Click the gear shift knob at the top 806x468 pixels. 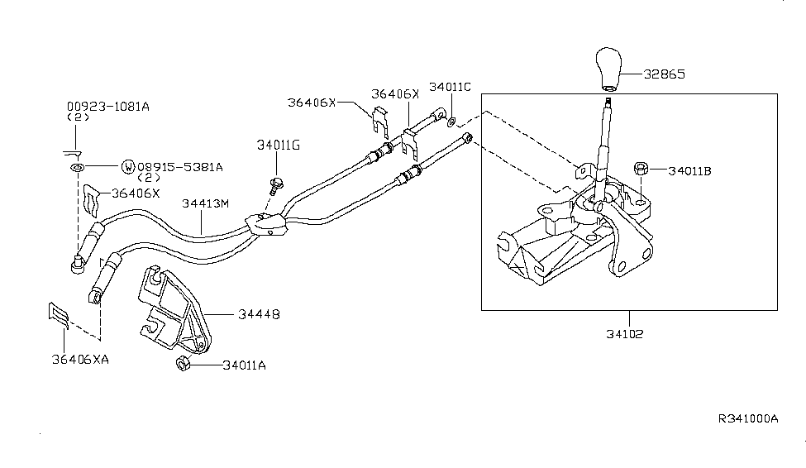tap(610, 69)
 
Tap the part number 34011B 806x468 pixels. tap(689, 171)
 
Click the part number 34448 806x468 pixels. tap(259, 314)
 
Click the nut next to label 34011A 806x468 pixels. tap(184, 364)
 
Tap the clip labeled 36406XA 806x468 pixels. tap(57, 315)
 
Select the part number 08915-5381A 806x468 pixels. tap(179, 167)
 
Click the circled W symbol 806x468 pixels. tap(128, 167)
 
